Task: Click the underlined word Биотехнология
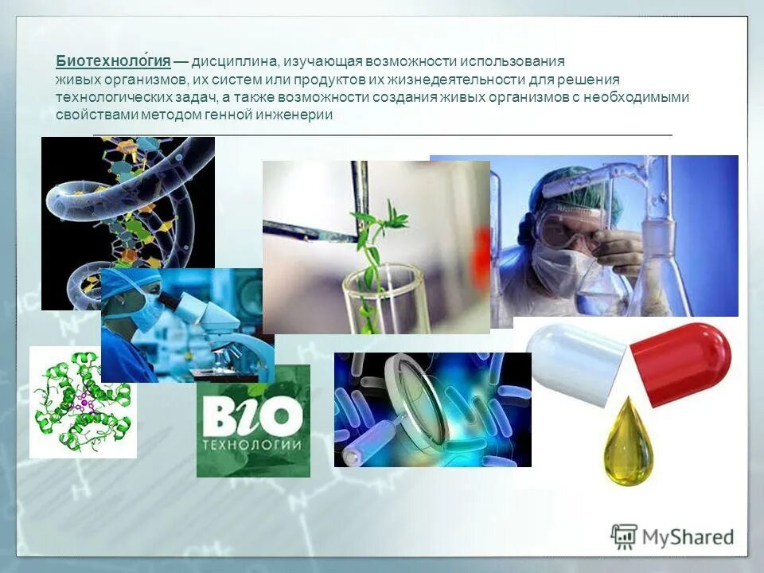tap(113, 61)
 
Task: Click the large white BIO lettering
tap(251, 415)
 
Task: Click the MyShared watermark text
tap(689, 537)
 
